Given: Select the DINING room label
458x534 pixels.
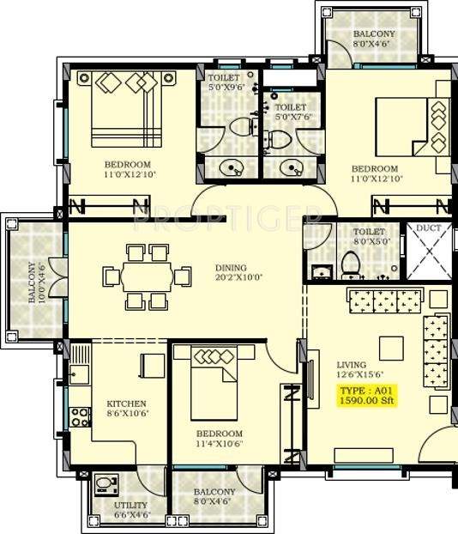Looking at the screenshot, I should coord(231,267).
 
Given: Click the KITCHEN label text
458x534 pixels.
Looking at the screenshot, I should coord(126,404).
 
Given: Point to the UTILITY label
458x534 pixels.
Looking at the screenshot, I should coord(130,505).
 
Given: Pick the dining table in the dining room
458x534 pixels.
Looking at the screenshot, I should coord(147,276).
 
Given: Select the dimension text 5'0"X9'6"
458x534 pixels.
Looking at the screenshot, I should coord(228,88).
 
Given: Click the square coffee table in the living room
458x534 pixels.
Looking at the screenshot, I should coord(393,347).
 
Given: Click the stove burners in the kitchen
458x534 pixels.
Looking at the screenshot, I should coord(79,417).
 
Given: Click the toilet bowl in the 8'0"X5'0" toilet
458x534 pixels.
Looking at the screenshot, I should coord(351,267).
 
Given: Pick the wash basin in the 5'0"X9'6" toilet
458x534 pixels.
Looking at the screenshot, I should coord(230,167).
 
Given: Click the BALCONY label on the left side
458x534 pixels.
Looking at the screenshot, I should coord(32,282).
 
